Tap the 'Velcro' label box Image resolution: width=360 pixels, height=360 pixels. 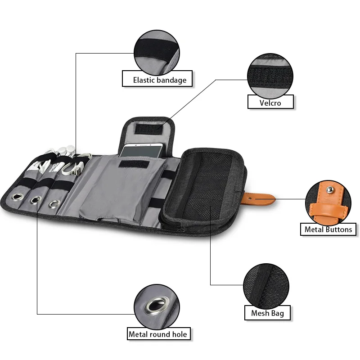click(x=270, y=102)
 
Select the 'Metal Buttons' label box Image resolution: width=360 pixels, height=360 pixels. click(x=328, y=229)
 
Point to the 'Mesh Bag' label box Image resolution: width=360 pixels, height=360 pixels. click(x=267, y=313)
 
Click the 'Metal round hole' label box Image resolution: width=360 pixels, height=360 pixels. click(x=157, y=334)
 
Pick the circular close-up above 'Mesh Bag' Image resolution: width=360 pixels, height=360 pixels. click(x=266, y=284)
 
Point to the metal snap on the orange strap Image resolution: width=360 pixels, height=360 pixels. click(x=255, y=197)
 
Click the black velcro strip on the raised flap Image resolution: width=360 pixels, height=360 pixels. click(x=148, y=130)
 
